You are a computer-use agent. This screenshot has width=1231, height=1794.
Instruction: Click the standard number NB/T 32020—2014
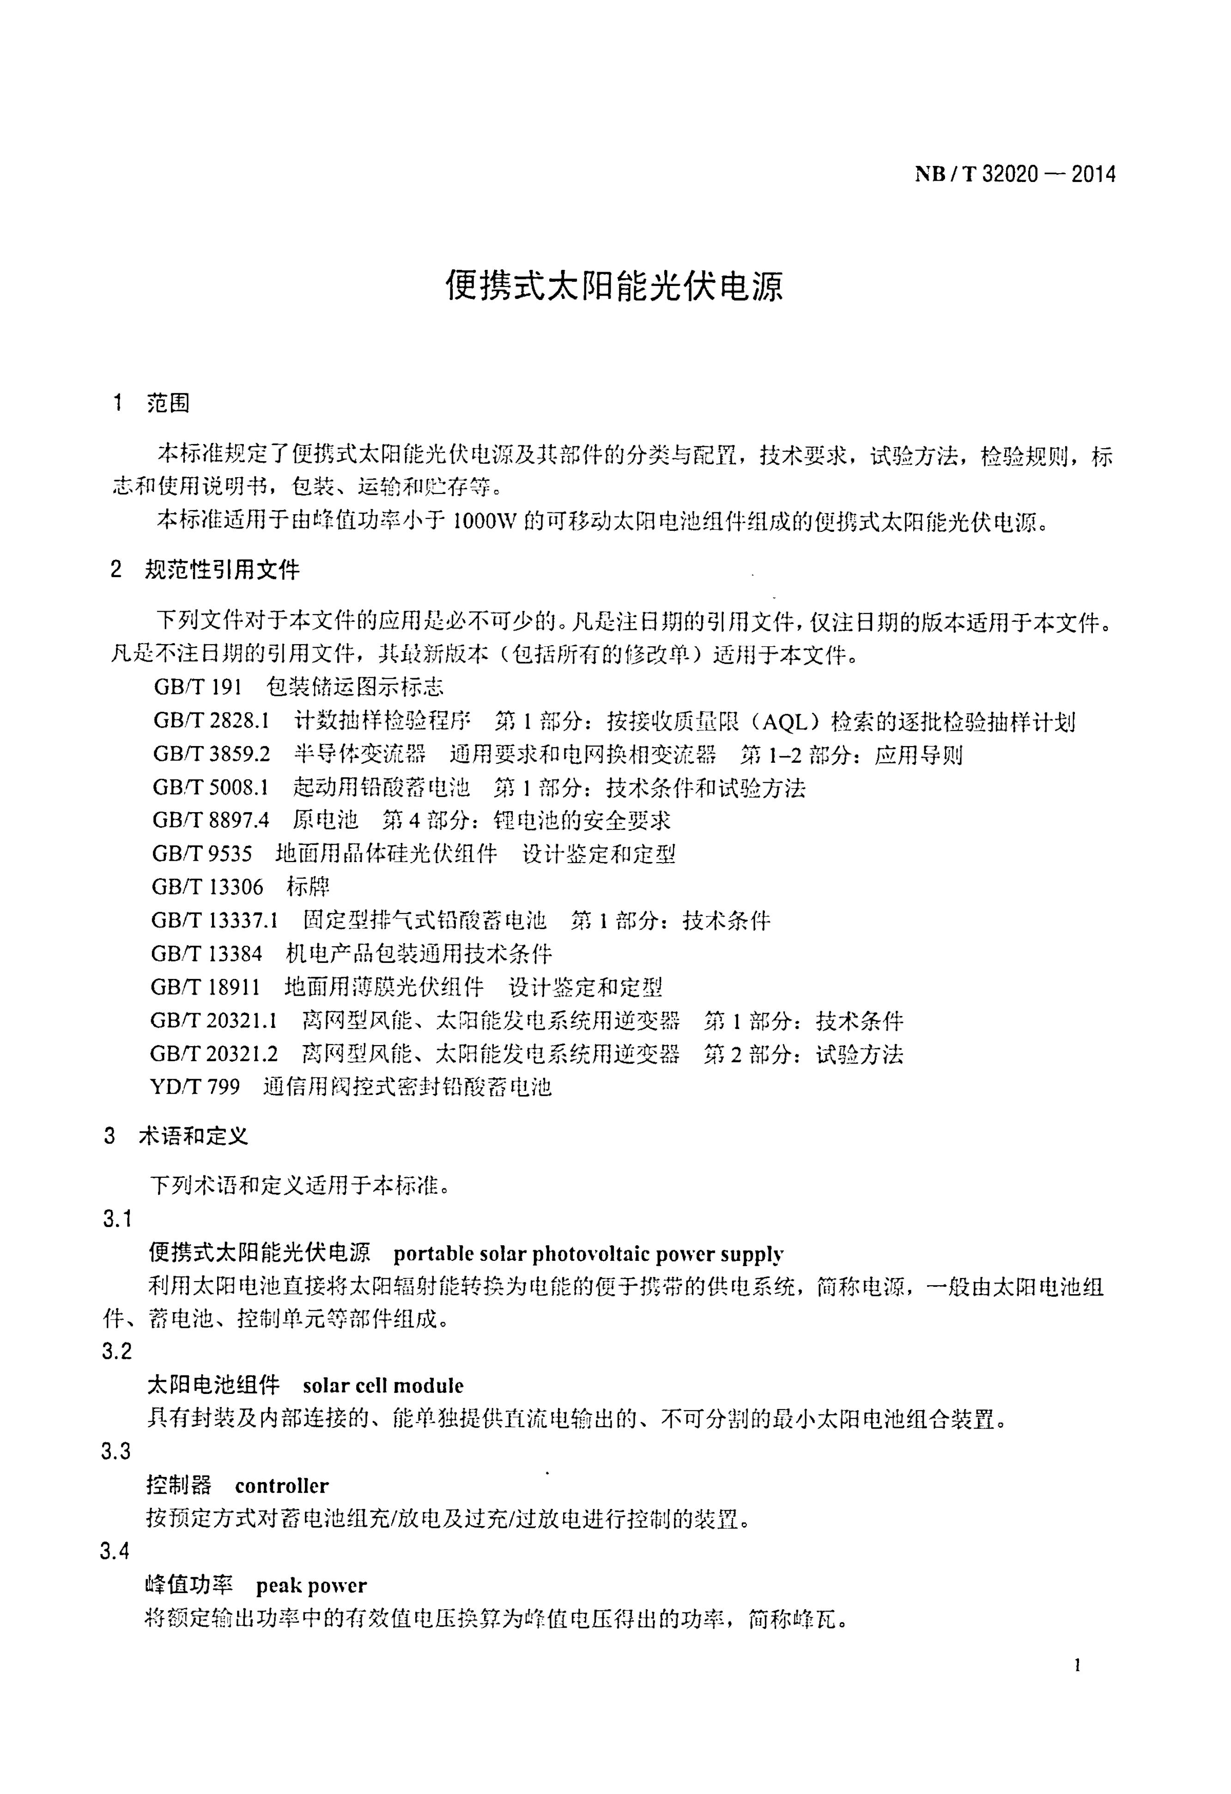1015,175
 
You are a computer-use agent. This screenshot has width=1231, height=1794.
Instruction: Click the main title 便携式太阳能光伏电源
614,286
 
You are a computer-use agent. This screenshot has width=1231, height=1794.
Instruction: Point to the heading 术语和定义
194,1136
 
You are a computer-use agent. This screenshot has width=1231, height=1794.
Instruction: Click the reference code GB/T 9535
202,854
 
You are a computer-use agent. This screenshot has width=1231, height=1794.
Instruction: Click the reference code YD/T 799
195,1087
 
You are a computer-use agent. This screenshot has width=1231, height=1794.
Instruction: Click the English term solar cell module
383,1387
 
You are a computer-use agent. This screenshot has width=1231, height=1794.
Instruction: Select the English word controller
282,1486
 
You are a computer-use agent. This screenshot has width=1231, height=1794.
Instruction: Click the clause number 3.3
116,1452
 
